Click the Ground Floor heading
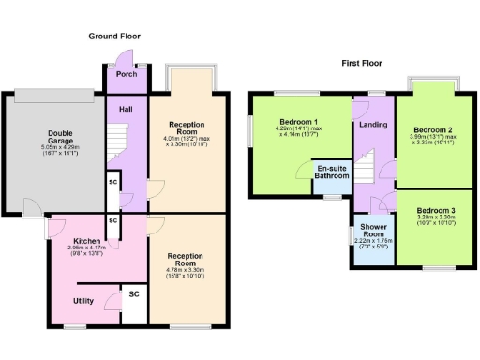(115, 36)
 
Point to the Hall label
(125, 109)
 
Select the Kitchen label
(88, 240)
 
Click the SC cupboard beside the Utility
(133, 293)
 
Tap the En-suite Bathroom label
(330, 172)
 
